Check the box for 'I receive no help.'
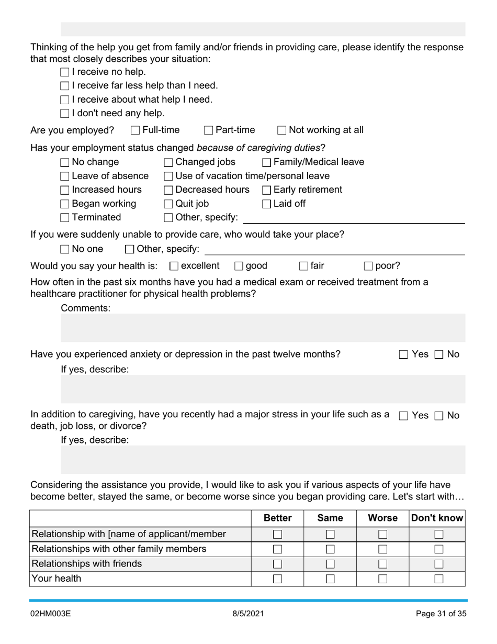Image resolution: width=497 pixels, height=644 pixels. pyautogui.click(x=65, y=72)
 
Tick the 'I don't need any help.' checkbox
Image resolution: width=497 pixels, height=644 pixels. pyautogui.click(x=65, y=114)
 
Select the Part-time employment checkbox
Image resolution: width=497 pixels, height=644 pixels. pyautogui.click(x=209, y=130)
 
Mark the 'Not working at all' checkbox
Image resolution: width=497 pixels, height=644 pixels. pyautogui.click(x=282, y=130)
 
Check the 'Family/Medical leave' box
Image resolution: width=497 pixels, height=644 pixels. pyautogui.click(x=266, y=162)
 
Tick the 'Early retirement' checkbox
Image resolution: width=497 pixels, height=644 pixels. pyautogui.click(x=266, y=190)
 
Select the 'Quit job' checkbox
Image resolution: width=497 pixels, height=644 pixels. pyautogui.click(x=168, y=204)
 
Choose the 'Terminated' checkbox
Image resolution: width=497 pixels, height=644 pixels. pyautogui.click(x=65, y=218)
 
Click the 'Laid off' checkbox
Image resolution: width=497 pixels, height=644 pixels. pyautogui.click(x=266, y=204)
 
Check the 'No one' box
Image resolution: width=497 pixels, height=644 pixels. pyautogui.click(x=65, y=249)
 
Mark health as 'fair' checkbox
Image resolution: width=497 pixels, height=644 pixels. pyautogui.click(x=303, y=266)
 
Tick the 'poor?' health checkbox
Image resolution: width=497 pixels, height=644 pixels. pyautogui.click(x=368, y=266)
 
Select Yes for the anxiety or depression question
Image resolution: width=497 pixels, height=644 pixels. pyautogui.click(x=403, y=354)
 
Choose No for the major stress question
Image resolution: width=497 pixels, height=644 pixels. pyautogui.click(x=439, y=416)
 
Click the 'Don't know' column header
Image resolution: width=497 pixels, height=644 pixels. pyautogui.click(x=437, y=518)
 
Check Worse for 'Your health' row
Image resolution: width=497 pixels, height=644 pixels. pyautogui.click(x=383, y=579)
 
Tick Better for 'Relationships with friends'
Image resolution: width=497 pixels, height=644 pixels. pyautogui.click(x=278, y=564)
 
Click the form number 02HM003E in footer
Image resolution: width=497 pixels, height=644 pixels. pyautogui.click(x=50, y=614)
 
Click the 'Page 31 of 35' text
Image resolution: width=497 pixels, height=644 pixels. pyautogui.click(x=440, y=614)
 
